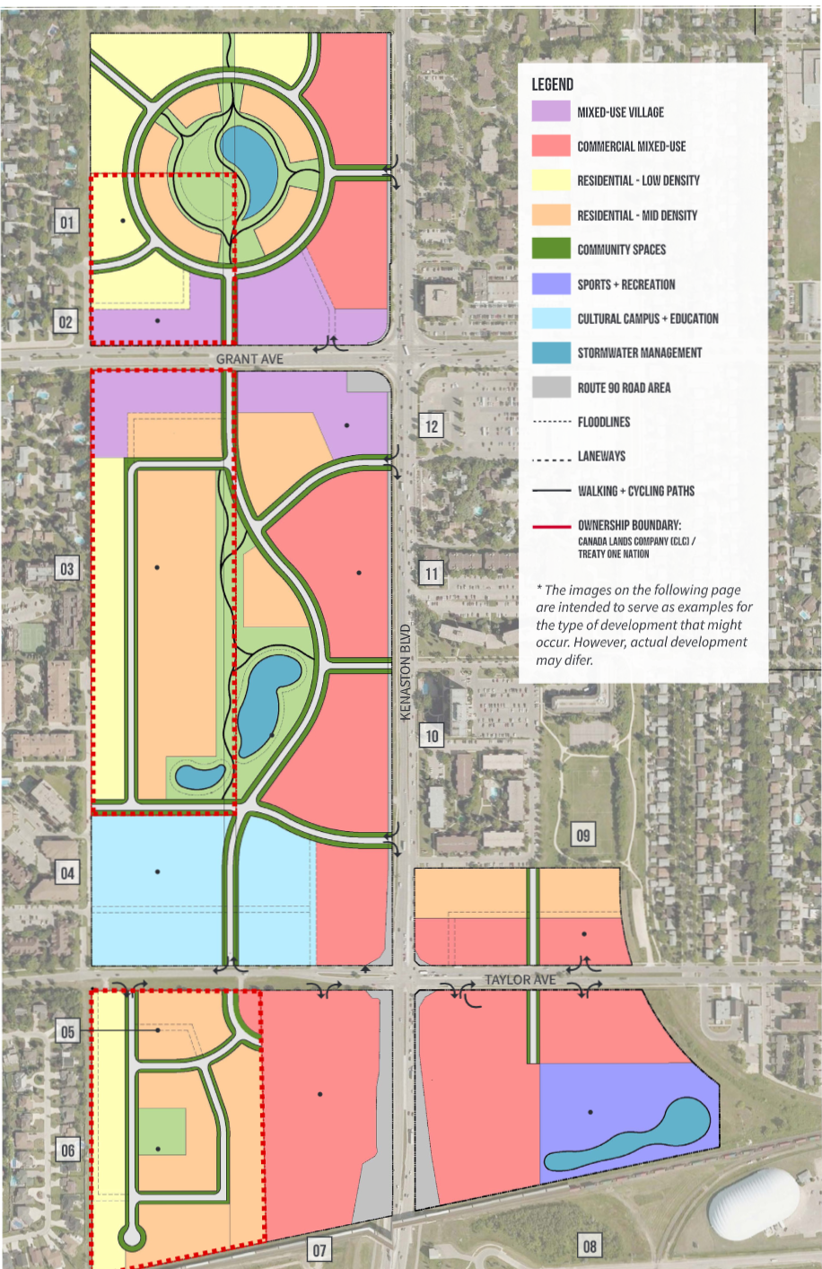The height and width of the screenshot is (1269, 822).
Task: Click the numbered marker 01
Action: click(x=66, y=221)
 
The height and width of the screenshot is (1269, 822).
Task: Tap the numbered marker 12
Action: click(x=432, y=425)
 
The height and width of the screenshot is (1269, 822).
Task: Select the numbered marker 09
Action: click(x=583, y=836)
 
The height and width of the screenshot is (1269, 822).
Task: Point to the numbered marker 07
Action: click(x=319, y=1248)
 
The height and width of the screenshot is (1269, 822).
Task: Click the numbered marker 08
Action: click(x=590, y=1245)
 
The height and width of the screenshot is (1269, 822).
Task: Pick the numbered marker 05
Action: click(x=67, y=1031)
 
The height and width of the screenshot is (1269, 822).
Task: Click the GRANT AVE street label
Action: click(x=249, y=359)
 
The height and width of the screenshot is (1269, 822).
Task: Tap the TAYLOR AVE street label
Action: click(x=520, y=979)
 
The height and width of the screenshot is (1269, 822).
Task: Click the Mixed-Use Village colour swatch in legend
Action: click(x=551, y=111)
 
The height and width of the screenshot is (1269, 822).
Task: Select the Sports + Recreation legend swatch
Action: click(x=551, y=284)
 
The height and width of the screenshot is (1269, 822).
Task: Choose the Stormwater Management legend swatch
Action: click(x=551, y=353)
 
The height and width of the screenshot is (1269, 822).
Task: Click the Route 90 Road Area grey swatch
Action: click(x=551, y=387)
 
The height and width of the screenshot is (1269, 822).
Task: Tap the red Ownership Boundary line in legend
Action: click(x=551, y=526)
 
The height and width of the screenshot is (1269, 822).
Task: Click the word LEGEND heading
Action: click(x=552, y=84)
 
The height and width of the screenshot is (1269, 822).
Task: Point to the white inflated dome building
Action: click(x=753, y=1203)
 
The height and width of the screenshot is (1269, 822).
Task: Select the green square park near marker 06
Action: click(x=162, y=1131)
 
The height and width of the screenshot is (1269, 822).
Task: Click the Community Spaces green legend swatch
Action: click(x=551, y=249)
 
